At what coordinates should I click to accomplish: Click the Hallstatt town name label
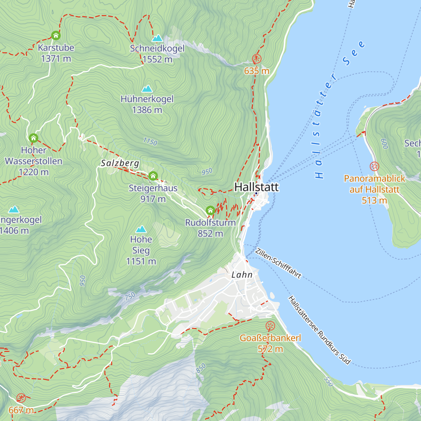point(256,187)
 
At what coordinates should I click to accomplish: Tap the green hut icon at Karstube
point(56,35)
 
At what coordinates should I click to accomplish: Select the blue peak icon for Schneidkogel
point(157,38)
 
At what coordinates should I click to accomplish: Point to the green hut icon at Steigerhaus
point(153,176)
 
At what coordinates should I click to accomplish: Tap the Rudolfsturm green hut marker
point(210,210)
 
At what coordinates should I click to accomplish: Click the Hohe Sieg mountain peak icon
point(141,229)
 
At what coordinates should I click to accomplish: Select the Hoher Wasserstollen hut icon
point(33,138)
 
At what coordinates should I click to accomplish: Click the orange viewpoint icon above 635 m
point(257,59)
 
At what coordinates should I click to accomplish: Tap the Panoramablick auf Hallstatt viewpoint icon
point(374,166)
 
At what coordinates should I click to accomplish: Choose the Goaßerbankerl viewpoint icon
point(270,326)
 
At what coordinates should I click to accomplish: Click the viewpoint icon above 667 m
point(21,398)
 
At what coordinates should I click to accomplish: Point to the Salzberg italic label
point(120,163)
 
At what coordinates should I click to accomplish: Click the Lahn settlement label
point(242,275)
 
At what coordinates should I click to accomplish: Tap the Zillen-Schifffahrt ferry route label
point(278,263)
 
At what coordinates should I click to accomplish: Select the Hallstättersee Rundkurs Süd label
point(319,330)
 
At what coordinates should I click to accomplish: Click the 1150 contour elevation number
point(150,142)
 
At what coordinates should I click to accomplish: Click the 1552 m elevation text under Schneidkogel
point(157,59)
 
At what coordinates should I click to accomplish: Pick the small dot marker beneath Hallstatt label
point(256,193)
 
